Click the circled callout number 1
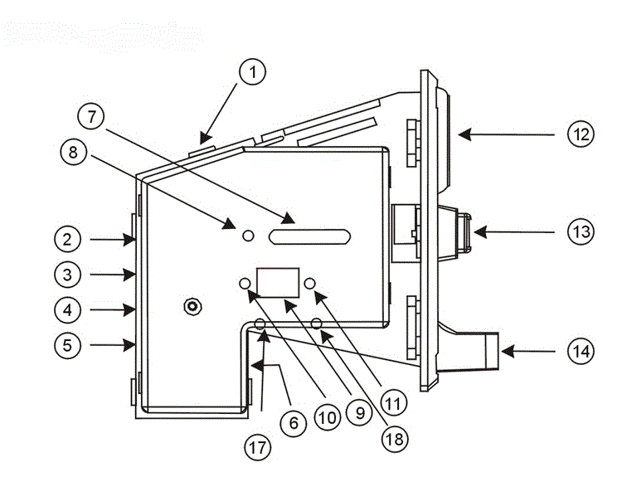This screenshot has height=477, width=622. click(253, 72)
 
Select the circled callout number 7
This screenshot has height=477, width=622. click(91, 116)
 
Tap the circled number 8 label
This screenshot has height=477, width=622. click(73, 152)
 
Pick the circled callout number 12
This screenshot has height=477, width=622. click(581, 134)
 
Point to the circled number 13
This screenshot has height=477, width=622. click(581, 231)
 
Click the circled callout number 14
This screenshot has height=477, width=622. click(581, 351)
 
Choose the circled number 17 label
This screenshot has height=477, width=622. click(257, 448)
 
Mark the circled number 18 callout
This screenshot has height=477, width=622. click(394, 439)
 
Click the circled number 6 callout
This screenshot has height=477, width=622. click(293, 423)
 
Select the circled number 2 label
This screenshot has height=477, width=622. click(67, 239)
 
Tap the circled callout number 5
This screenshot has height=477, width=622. click(67, 345)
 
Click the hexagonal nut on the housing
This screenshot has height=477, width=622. click(193, 306)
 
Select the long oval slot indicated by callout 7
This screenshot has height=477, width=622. click(310, 236)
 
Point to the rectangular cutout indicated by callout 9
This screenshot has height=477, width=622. click(278, 283)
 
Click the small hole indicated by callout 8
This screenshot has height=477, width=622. click(248, 236)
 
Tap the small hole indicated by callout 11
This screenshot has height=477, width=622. click(310, 284)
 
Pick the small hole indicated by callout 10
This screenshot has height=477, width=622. click(245, 284)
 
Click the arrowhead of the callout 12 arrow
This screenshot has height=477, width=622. click(464, 134)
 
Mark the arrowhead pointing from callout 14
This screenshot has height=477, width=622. click(508, 351)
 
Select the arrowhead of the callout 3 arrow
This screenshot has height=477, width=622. click(129, 275)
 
